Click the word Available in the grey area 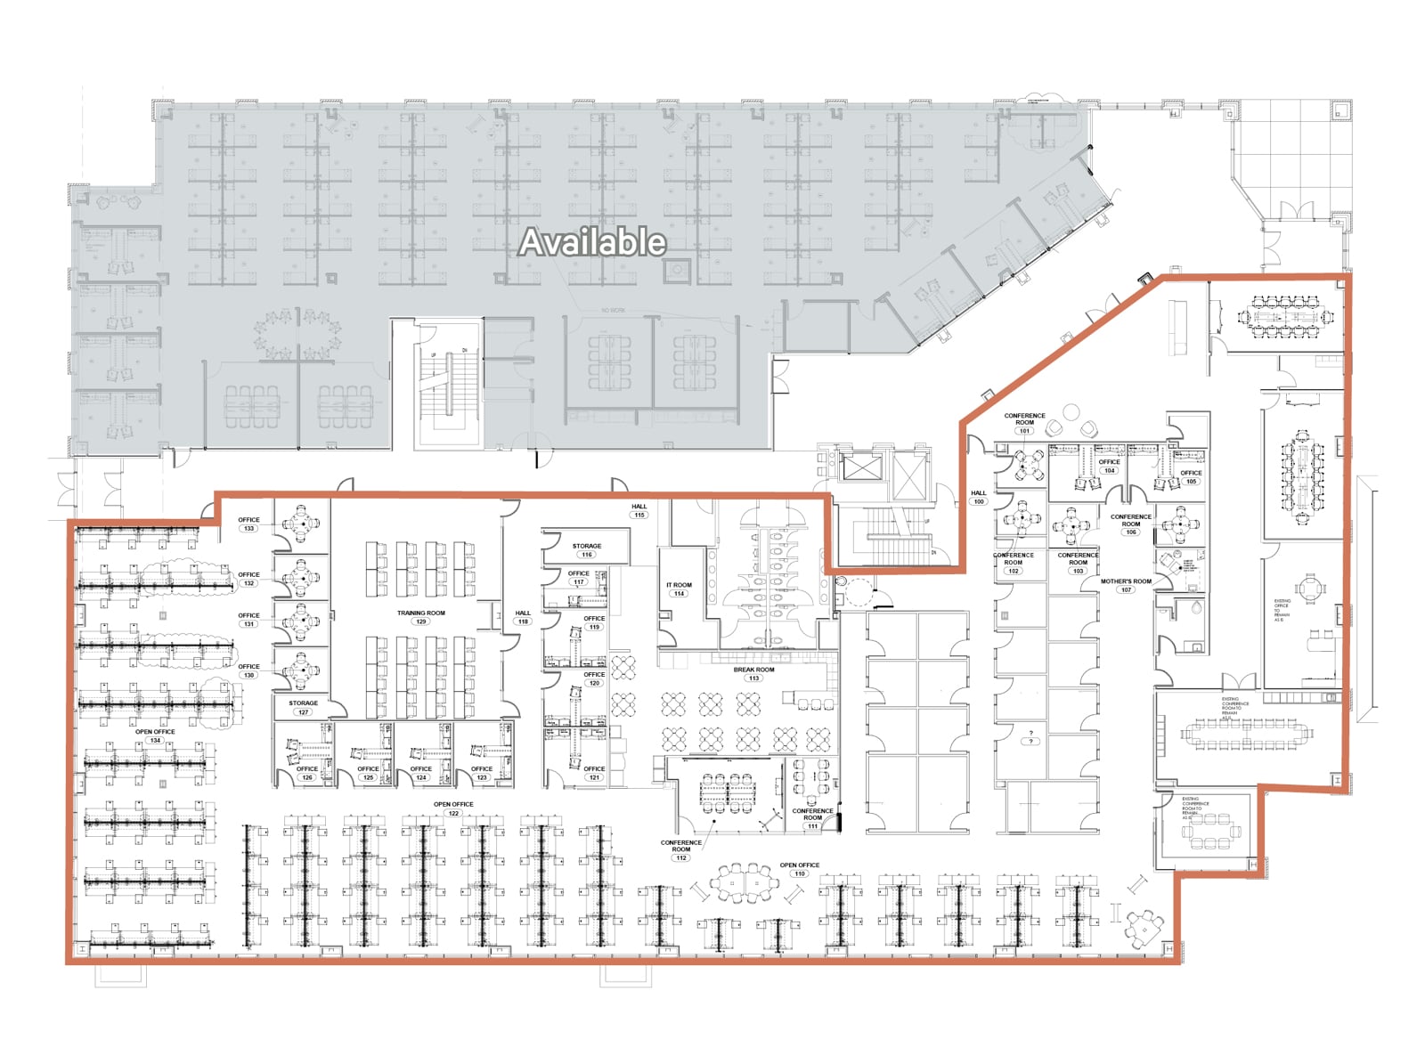coord(592,242)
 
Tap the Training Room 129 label coord(421,617)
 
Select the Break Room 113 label coord(753,674)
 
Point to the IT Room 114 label coord(679,589)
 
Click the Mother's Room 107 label coord(1126,585)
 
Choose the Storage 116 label coord(586,550)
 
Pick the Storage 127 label coord(303,707)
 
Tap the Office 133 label coord(248,524)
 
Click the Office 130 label coord(248,670)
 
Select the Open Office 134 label coord(155,735)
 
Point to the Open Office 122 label coord(453,808)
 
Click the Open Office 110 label coord(799,869)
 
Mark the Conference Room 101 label coord(1024,422)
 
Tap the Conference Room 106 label coord(1130,524)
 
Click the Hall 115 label coord(639,510)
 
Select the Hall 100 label coord(978,497)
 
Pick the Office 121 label coord(594,773)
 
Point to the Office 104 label coord(1109,466)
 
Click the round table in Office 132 coord(302,578)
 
